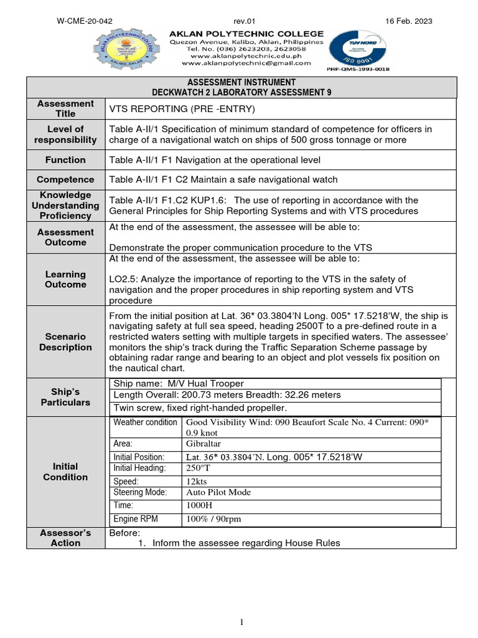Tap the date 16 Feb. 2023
coord(409,21)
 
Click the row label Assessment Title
coord(65,108)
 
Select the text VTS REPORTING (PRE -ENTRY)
coord(174,109)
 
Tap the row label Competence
coord(65,179)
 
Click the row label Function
coord(65,160)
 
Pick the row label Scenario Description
coord(65,342)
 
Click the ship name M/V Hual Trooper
coord(179,383)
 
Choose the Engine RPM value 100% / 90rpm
coord(213,518)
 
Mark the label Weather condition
coord(145,422)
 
